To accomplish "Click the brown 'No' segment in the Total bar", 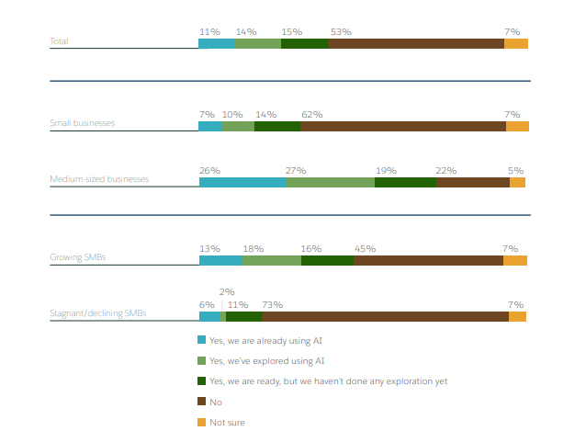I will (416, 43).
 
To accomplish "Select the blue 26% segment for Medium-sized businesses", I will (242, 182).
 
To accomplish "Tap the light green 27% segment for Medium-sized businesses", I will (330, 182).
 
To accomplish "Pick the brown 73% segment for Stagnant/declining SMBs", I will (385, 316).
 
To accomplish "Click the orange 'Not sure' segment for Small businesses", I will (517, 126).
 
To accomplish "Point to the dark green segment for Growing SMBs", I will (327, 260).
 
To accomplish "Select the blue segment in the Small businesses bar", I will (210, 126).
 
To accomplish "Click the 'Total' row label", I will (59, 41).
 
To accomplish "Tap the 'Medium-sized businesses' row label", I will (99, 179).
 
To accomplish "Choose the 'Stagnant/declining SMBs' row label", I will (98, 313).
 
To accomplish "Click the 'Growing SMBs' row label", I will (77, 257).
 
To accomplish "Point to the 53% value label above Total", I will (341, 31).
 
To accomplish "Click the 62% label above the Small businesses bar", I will (311, 114).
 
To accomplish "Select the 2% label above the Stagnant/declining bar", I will (226, 291).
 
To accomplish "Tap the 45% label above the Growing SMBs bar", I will (365, 248).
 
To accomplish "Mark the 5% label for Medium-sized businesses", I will (515, 170).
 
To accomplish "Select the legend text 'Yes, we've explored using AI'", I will (267, 361).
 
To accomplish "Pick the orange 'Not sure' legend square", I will (202, 422).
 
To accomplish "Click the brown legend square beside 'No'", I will (202, 402).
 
